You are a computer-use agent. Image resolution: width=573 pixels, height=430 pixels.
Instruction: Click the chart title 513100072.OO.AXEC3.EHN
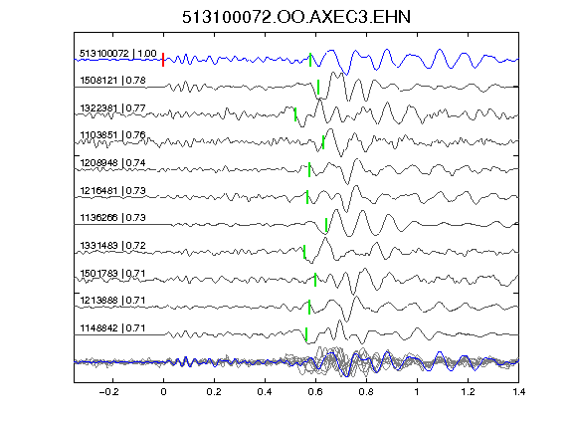296,17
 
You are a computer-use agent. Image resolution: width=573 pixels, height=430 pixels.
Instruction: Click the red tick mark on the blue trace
163,60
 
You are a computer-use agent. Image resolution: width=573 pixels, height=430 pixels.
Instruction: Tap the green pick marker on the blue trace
310,60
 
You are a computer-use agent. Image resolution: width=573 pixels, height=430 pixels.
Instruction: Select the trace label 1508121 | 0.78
113,80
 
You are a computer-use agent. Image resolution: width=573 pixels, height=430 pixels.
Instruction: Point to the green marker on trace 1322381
295,114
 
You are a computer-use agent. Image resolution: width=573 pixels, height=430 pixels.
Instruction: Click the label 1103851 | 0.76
113,135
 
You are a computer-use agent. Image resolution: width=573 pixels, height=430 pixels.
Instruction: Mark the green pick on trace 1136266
326,225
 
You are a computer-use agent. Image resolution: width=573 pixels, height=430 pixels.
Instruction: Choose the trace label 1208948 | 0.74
113,162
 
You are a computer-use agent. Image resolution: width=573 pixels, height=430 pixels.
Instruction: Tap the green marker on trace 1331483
304,252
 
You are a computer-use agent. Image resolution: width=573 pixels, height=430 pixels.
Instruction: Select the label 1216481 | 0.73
113,190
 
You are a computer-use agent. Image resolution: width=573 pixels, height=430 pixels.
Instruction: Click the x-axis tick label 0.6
315,392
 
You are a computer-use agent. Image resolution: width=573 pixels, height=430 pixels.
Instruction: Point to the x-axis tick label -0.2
109,392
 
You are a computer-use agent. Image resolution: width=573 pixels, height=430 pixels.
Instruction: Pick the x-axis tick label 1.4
519,392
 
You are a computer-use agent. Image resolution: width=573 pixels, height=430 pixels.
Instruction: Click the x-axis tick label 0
163,392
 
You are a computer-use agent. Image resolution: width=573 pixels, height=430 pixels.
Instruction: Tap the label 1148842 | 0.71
113,328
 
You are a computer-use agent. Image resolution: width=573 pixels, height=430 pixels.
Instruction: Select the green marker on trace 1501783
315,280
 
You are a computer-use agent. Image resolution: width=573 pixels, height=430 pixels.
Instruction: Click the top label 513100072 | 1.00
118,54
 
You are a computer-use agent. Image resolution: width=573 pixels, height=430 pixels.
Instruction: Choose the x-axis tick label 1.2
469,392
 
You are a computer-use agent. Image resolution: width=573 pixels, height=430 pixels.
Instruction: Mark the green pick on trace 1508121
318,87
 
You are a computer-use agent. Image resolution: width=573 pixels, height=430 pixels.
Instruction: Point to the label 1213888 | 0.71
113,301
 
